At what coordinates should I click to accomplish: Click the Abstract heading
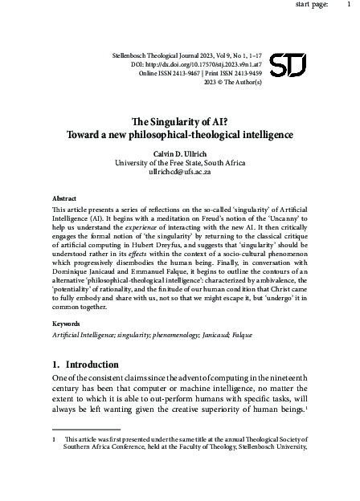click(x=64, y=197)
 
